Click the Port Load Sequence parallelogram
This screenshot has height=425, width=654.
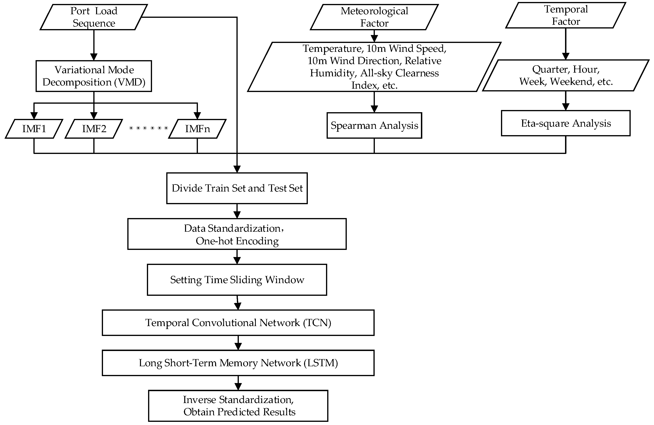tap(94, 17)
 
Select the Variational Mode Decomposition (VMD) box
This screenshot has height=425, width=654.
tap(94, 76)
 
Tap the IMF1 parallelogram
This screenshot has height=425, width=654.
tap(34, 129)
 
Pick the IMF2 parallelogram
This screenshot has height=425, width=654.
tap(94, 129)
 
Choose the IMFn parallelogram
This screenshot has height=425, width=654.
tap(197, 129)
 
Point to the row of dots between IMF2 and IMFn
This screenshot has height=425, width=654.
tap(148, 128)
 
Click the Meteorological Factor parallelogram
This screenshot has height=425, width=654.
tap(374, 17)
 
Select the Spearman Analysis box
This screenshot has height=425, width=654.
tap(374, 125)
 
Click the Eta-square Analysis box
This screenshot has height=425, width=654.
tap(565, 123)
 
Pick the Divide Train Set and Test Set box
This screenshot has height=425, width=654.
tap(237, 188)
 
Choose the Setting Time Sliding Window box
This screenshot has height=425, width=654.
tap(237, 280)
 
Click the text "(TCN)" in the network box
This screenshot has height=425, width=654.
tap(317, 323)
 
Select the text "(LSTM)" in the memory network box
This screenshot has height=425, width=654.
tap(321, 363)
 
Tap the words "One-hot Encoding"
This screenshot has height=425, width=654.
tap(237, 241)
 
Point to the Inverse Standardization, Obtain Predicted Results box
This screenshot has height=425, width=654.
tap(238, 406)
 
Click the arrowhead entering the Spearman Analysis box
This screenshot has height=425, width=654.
tap(374, 109)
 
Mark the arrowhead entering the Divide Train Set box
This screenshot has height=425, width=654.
tap(237, 169)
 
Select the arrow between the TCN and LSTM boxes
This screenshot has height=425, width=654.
tap(238, 343)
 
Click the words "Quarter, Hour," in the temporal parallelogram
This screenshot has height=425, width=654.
tap(565, 69)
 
